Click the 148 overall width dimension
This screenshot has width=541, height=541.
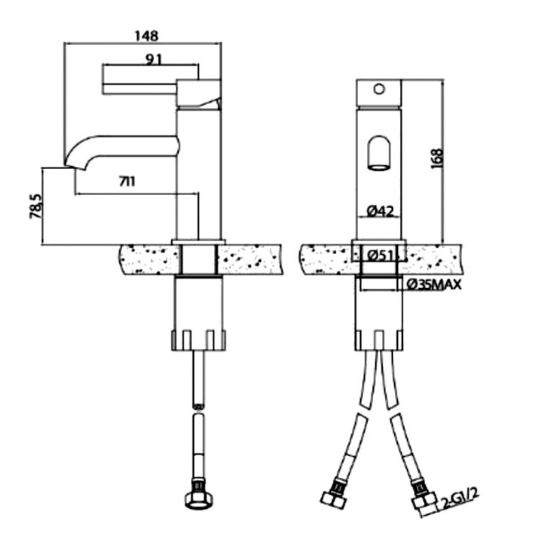pyautogui.click(x=146, y=36)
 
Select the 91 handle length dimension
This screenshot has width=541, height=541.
pyautogui.click(x=153, y=59)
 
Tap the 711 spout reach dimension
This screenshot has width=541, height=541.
pyautogui.click(x=127, y=182)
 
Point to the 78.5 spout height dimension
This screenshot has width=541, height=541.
pyautogui.click(x=36, y=206)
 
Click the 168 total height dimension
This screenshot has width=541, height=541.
pyautogui.click(x=437, y=159)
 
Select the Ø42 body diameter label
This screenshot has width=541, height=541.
pyautogui.click(x=380, y=211)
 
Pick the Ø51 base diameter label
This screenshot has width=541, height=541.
pyautogui.click(x=380, y=255)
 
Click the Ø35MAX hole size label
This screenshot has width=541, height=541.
pyautogui.click(x=434, y=285)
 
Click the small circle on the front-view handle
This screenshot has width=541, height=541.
pyautogui.click(x=379, y=89)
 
